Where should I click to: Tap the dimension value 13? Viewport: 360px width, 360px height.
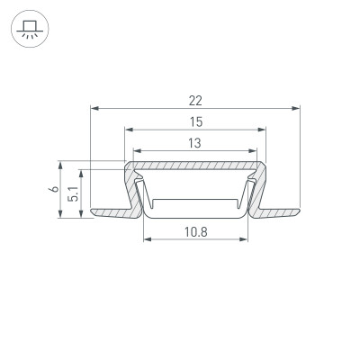(195, 142)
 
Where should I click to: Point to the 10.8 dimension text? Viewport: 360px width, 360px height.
(196, 232)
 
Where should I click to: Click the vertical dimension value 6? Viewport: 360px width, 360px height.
(54, 189)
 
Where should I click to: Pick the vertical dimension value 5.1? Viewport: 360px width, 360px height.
(76, 191)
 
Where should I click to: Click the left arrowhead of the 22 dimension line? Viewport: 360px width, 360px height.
(94, 108)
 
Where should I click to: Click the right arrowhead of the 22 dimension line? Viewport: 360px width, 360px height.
(296, 108)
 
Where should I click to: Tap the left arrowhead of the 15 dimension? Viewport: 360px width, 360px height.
(127, 130)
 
